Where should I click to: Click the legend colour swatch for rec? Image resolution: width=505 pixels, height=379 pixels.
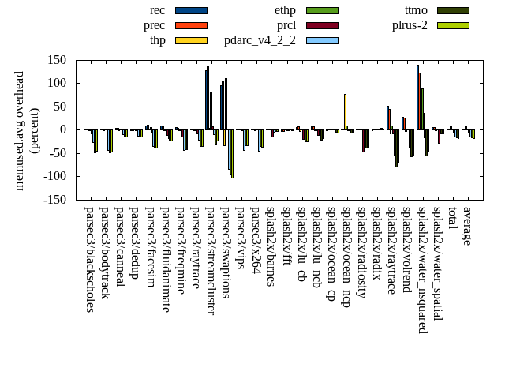click(x=191, y=10)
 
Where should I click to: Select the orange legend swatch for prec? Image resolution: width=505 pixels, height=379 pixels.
click(x=191, y=25)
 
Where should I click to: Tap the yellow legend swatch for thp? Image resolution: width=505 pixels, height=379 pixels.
click(x=191, y=40)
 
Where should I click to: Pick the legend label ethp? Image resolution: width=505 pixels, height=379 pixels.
click(x=285, y=10)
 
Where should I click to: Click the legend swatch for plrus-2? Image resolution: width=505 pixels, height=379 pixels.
click(x=453, y=25)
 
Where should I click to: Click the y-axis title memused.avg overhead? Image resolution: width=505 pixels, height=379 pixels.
click(x=20, y=129)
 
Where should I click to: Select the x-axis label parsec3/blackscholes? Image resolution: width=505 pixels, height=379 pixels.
click(x=89, y=259)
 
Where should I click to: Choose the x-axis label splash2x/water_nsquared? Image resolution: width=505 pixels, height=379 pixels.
click(x=423, y=265)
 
